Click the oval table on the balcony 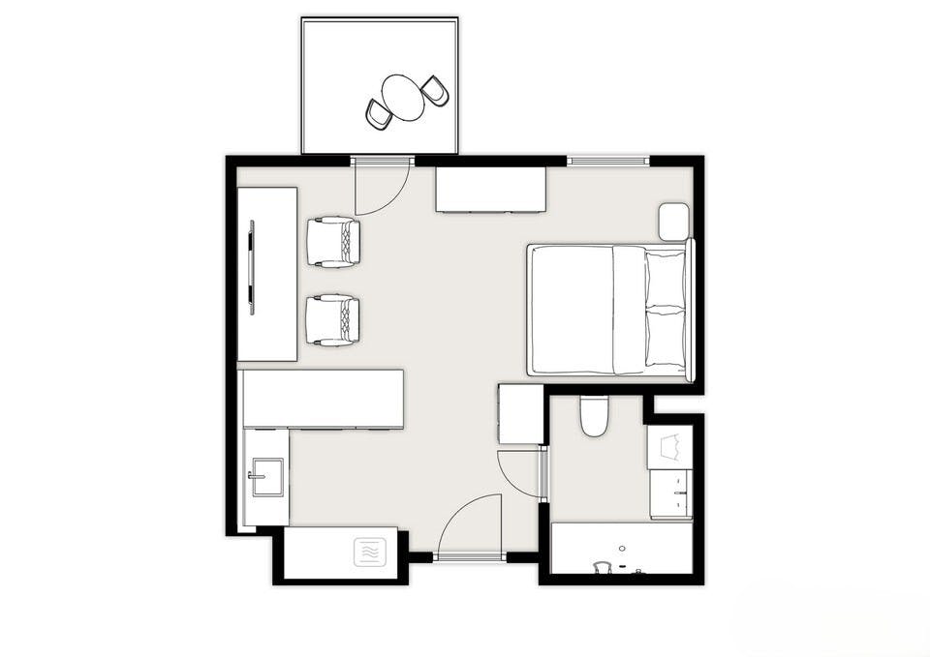click(403, 98)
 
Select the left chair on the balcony click(379, 114)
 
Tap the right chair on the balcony click(435, 91)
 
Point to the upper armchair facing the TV click(333, 242)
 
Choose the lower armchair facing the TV click(333, 320)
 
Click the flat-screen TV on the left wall click(252, 267)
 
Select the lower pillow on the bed click(666, 338)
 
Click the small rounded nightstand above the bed click(673, 222)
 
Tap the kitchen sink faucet click(254, 475)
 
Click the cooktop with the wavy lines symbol click(369, 552)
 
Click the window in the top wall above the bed click(607, 160)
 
